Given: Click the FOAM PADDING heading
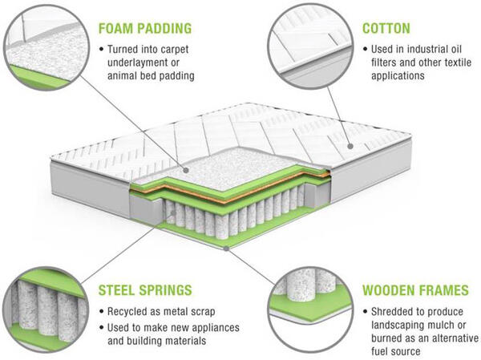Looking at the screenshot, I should tap(144, 29).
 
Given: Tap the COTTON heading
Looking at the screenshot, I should tap(387, 29).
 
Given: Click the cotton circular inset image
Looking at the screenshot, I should tap(309, 44).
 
